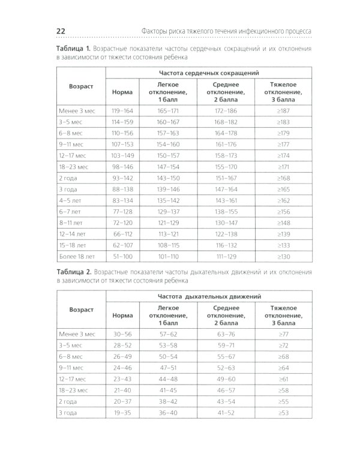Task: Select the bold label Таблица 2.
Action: point(73,271)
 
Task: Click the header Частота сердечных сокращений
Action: point(208,72)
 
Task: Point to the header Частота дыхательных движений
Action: point(208,296)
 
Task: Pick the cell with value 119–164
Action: point(122,111)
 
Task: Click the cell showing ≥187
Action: point(284,111)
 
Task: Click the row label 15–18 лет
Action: point(73,245)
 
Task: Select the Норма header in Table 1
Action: point(122,92)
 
